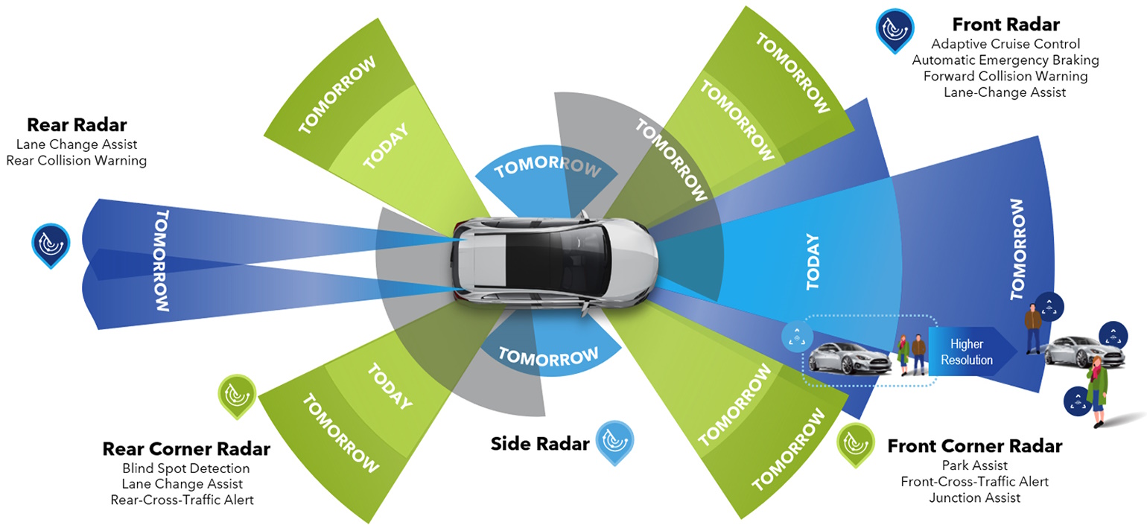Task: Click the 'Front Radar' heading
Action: [1005, 24]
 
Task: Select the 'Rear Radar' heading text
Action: [77, 125]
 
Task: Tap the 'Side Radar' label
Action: [539, 444]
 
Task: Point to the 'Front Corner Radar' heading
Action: [974, 446]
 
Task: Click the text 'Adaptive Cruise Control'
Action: [1005, 44]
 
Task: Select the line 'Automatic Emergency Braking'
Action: [1005, 60]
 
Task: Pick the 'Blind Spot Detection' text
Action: [185, 468]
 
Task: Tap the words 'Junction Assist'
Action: [974, 497]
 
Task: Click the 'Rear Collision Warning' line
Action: [77, 160]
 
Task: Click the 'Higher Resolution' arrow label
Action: [967, 352]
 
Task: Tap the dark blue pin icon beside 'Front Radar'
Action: [894, 30]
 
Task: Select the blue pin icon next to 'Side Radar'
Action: [614, 442]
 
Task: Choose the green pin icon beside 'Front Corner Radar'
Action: [856, 445]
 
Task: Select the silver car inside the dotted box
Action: [849, 358]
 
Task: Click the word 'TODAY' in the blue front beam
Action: [813, 261]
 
